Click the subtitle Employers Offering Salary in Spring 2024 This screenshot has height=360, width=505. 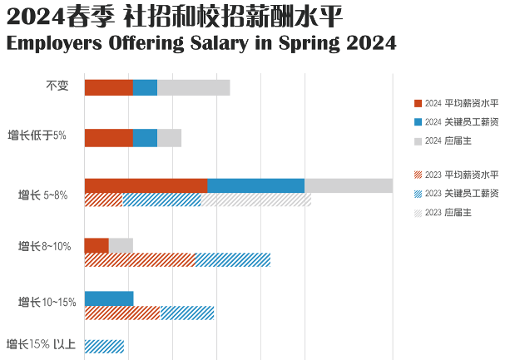coord(201,42)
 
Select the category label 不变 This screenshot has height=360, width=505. coord(57,86)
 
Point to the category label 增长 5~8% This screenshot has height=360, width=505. coord(43,196)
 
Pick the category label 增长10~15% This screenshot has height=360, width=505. coord(47,302)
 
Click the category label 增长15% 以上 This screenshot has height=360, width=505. coord(42,344)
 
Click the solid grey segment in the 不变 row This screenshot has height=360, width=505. coord(193,87)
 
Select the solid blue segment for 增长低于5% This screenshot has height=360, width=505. coord(145,138)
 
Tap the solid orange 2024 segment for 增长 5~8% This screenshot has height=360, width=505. coord(146,186)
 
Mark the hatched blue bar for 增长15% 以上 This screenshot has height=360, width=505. coord(104,347)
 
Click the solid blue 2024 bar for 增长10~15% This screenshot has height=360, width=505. coord(109,298)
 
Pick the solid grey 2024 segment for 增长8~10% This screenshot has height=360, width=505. coord(121,245)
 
